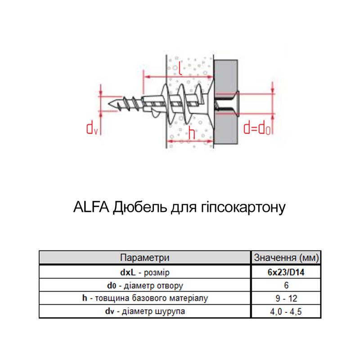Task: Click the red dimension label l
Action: point(181,68)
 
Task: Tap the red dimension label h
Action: point(192,132)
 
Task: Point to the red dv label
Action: point(92,129)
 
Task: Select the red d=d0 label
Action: point(257,128)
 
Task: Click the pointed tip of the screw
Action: point(108,104)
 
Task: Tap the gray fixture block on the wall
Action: point(226,102)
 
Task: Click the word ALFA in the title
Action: point(91,207)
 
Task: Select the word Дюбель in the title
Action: point(140,207)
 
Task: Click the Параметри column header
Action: point(144,257)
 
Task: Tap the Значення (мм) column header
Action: point(286,257)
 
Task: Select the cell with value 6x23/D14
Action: point(286,272)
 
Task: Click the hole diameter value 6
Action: point(286,285)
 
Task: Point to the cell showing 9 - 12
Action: point(286,298)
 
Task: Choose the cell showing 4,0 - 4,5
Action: point(286,311)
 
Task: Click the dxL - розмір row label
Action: point(145,273)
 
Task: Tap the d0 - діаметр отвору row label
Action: point(145,286)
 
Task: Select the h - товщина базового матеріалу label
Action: point(145,298)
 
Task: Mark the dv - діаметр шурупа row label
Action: point(145,311)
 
